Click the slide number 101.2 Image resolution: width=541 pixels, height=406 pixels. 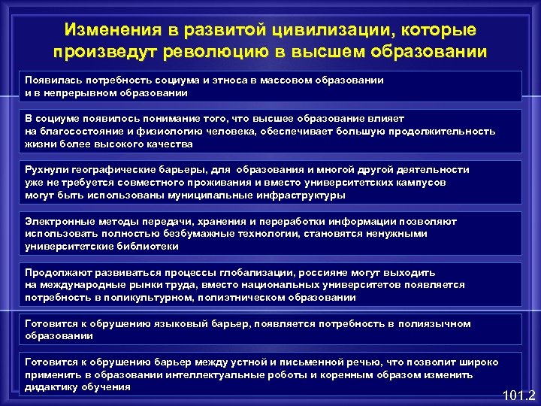[x=518, y=394]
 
